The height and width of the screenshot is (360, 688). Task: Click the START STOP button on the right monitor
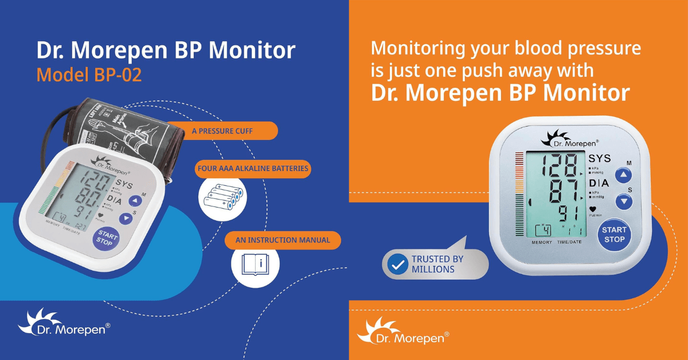tap(614, 235)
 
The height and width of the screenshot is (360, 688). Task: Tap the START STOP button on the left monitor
tap(106, 238)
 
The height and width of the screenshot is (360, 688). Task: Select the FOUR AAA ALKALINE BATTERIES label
tap(253, 169)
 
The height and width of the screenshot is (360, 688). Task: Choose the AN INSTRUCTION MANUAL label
tap(283, 240)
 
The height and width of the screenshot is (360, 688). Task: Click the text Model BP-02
tap(89, 75)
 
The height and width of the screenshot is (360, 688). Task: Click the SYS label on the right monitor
tap(600, 158)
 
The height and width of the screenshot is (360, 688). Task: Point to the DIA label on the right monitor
tap(599, 183)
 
